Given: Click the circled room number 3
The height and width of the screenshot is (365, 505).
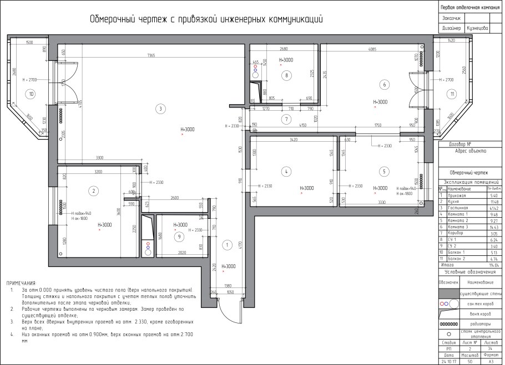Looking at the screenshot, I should click(160, 109).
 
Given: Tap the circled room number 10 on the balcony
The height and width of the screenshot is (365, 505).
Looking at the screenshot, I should click(32, 94).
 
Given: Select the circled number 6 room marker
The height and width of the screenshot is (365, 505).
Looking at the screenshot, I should click(383, 84).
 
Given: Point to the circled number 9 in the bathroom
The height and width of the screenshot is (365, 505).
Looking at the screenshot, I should click(179, 237).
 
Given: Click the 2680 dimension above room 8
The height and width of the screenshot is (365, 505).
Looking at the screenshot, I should click(283, 49).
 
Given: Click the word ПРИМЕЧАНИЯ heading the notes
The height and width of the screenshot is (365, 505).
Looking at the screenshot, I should click(21, 282).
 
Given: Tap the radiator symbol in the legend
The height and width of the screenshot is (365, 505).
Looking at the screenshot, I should click(448, 323).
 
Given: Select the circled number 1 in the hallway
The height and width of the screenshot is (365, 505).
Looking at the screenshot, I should click(226, 244).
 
